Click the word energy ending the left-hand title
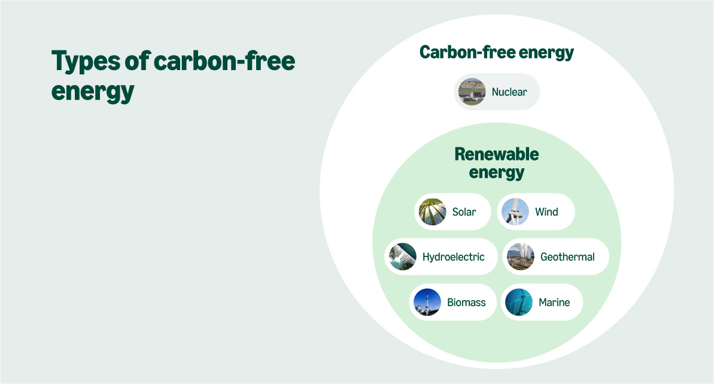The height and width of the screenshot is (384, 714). (x=92, y=92)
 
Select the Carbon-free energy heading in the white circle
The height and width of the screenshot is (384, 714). (x=496, y=52)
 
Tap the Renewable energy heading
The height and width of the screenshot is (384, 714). (x=496, y=164)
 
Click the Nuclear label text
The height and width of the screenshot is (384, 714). (x=509, y=92)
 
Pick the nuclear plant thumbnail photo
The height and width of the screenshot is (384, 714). (x=472, y=92)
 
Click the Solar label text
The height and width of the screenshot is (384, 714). (x=464, y=211)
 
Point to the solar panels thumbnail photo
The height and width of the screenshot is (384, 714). (x=433, y=211)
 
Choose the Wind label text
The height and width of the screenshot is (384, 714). (x=546, y=211)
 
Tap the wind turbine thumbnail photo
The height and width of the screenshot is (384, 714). (x=515, y=211)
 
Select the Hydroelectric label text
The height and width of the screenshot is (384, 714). (x=453, y=257)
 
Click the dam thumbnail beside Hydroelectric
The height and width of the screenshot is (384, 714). (x=403, y=257)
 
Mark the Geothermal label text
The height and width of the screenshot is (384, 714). (x=567, y=257)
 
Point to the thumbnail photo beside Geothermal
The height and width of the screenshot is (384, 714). (x=521, y=257)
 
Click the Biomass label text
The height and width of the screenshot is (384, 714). (x=466, y=303)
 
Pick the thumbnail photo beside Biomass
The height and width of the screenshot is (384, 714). (x=427, y=303)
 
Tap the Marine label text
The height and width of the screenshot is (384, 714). (x=554, y=303)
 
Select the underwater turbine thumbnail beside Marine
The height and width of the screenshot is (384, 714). (x=518, y=303)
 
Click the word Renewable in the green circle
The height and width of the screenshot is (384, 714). (x=496, y=155)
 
